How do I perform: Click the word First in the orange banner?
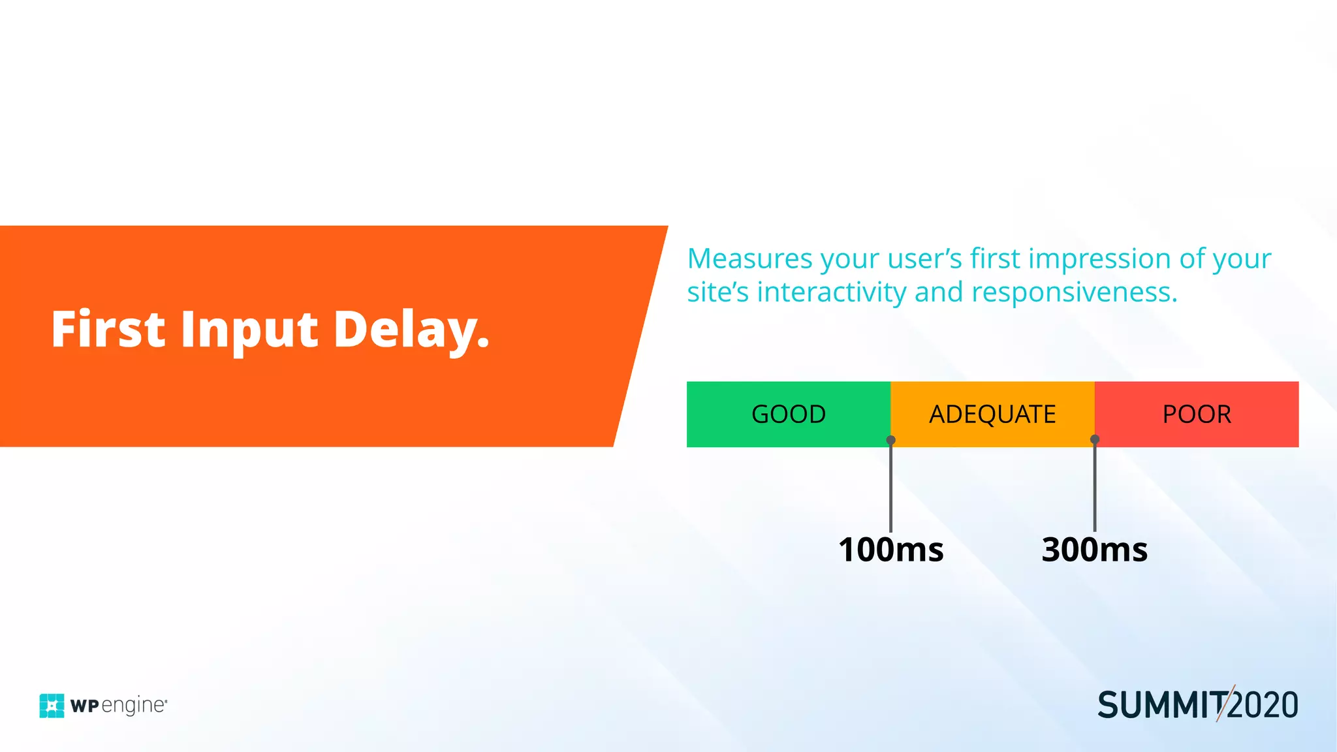[108, 329]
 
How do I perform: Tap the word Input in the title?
[249, 330]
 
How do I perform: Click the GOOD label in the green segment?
[789, 415]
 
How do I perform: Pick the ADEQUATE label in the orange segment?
[992, 415]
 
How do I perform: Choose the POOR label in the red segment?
[1197, 415]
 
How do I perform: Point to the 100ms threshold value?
[891, 550]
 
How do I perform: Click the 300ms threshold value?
[1095, 550]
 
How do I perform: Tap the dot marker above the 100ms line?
[890, 440]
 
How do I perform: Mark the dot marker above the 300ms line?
[1095, 440]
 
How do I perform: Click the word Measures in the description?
[750, 258]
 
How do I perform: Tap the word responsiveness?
[1073, 292]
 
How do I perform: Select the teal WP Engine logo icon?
[52, 706]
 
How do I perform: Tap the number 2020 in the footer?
[1264, 706]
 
